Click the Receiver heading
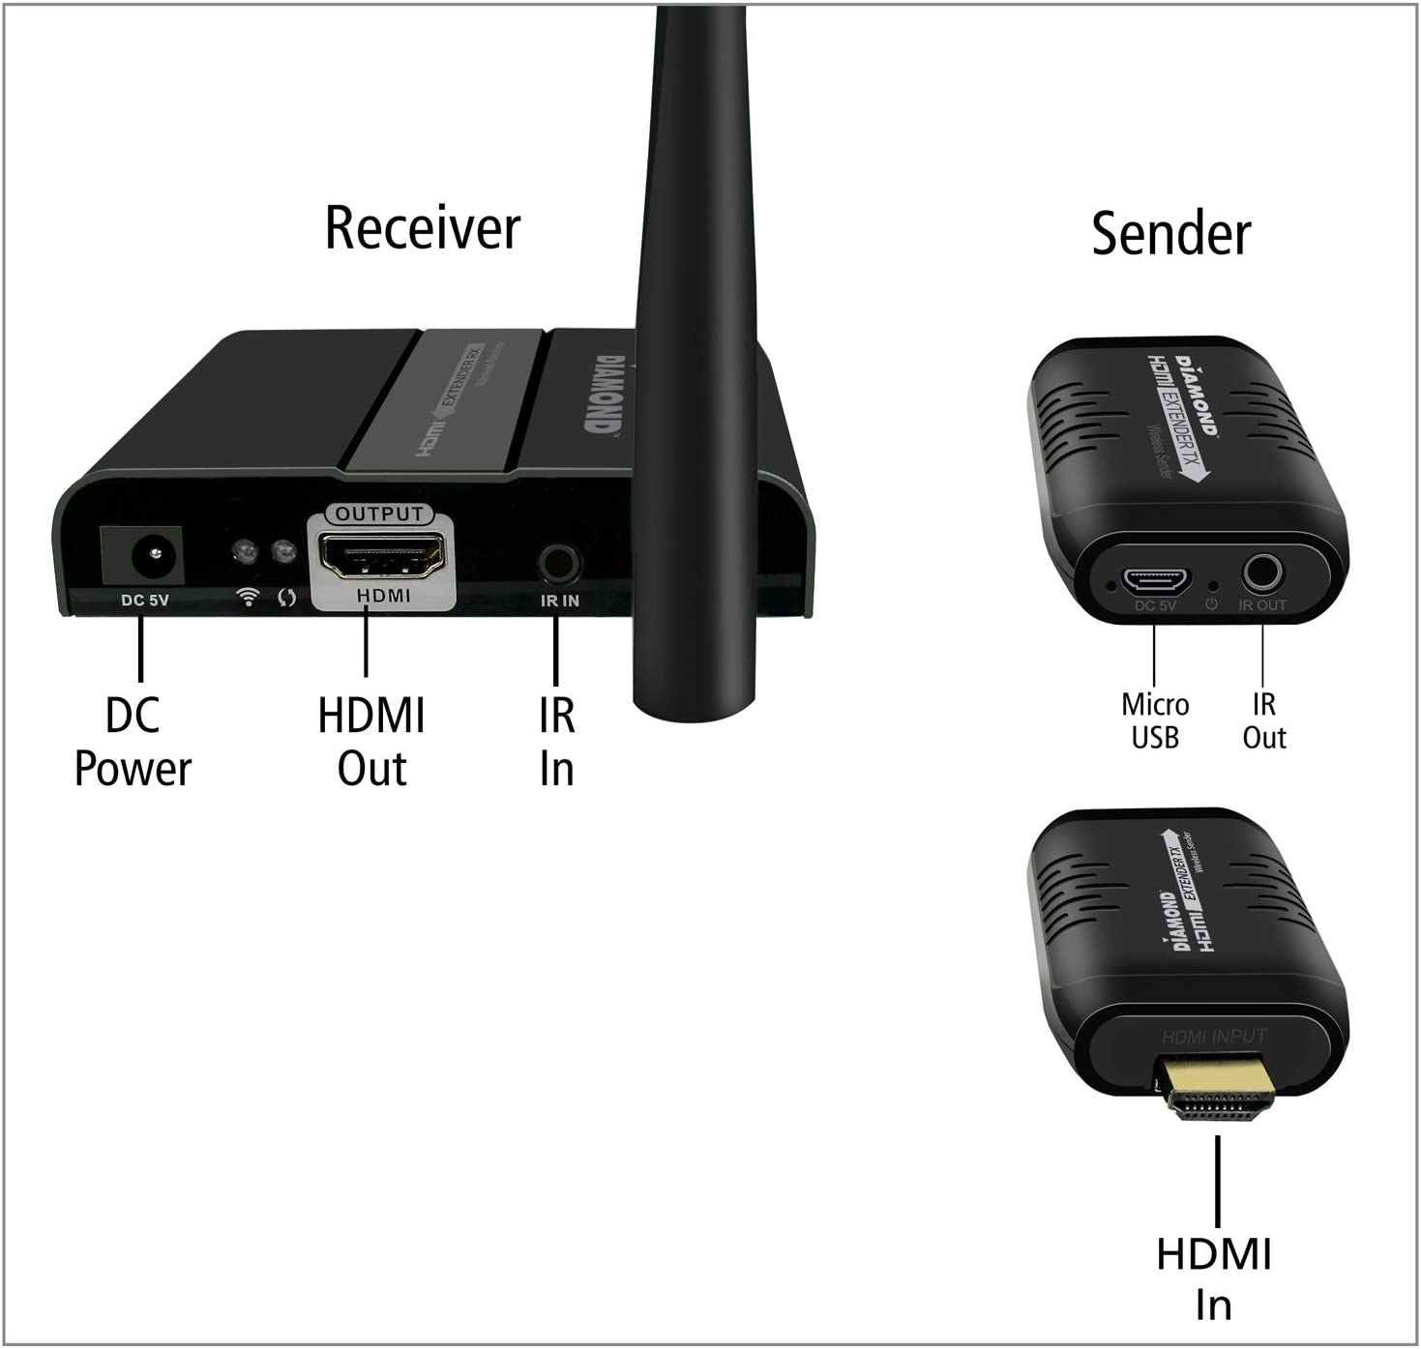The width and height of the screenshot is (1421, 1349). coord(423,228)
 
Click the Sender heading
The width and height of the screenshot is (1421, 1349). coord(1170,234)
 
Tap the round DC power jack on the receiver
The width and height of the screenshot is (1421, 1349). coord(142,555)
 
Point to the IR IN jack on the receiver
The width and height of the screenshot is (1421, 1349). coord(559,562)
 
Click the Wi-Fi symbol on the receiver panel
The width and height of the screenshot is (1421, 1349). coord(249,597)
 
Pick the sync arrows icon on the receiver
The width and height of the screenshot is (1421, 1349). coord(286,598)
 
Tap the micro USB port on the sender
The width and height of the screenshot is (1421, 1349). coord(1155,579)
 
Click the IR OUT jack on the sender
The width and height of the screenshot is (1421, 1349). coord(1261,573)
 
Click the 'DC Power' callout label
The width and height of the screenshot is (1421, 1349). coord(133,743)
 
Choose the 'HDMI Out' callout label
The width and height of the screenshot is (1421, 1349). coord(371,743)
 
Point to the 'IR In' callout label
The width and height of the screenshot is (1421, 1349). coord(557,743)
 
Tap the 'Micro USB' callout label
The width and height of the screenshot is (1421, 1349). coord(1155,721)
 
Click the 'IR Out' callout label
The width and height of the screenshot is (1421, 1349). coord(1263,721)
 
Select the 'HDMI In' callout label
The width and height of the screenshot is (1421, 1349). coord(1214,1278)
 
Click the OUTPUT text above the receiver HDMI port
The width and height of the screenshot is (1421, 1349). coord(380,513)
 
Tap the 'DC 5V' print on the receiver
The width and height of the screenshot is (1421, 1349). coord(145,601)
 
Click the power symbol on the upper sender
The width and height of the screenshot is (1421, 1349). coord(1210,604)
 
